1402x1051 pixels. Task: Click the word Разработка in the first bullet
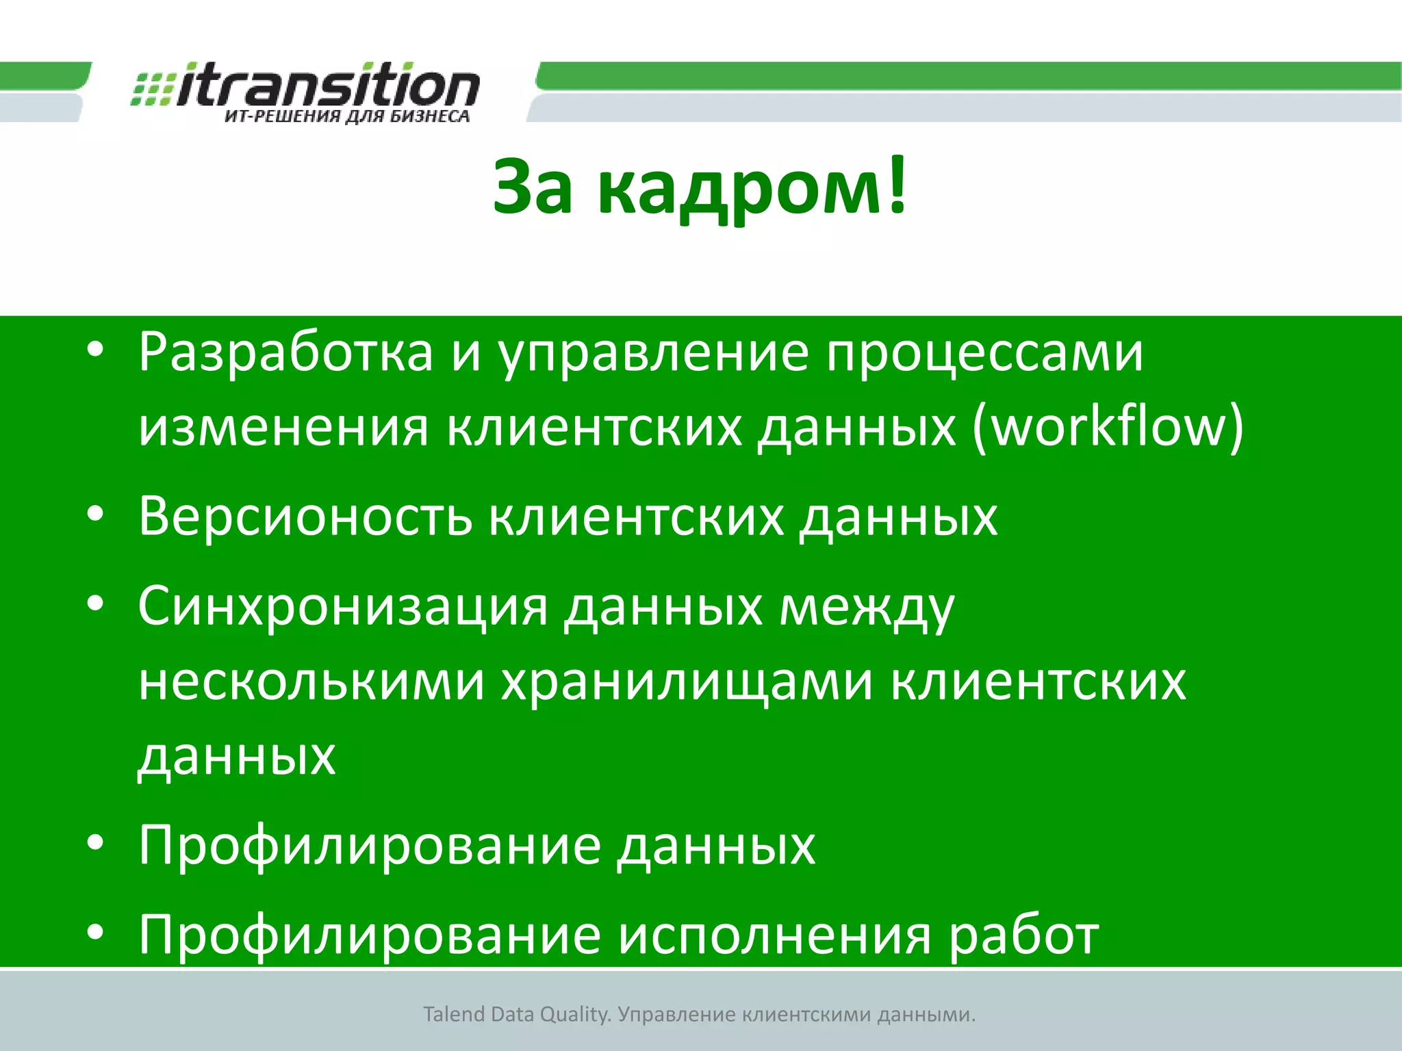pos(285,353)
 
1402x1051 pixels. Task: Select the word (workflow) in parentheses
pos(1107,427)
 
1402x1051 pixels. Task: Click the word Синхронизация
pos(342,606)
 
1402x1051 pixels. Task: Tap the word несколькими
pos(311,682)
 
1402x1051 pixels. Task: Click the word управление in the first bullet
pos(653,353)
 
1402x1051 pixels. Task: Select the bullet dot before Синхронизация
pos(95,604)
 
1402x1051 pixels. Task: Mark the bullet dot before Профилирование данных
pos(95,843)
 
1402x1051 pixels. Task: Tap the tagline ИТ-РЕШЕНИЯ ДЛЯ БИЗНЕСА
pos(347,116)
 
